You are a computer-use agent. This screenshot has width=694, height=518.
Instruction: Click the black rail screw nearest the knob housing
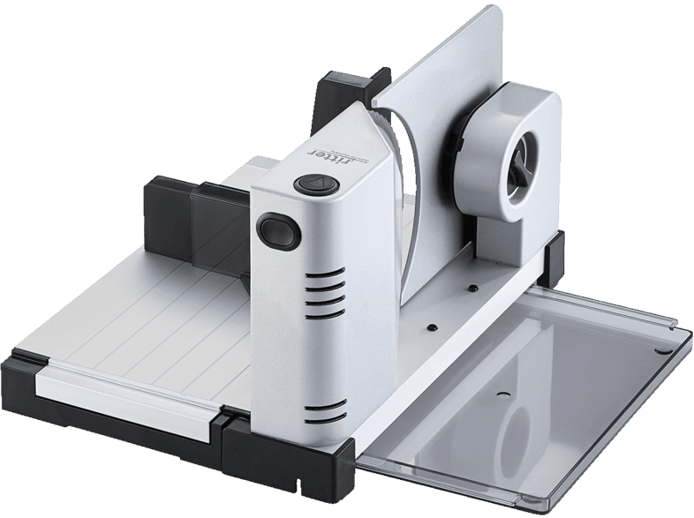(x=473, y=288)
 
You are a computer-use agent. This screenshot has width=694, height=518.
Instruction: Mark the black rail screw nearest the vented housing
(x=431, y=327)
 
